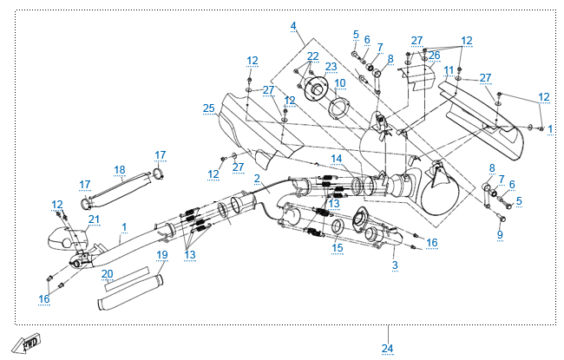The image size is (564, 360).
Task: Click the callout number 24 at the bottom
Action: point(387,348)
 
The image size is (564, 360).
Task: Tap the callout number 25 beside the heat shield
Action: point(208,108)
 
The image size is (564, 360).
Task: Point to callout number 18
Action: point(120,169)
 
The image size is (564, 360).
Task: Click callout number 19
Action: point(161,255)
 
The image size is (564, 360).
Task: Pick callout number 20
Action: point(107,273)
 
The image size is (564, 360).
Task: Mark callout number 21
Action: point(94,219)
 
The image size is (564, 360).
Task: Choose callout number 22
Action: point(312,56)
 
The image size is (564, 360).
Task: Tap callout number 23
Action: point(331,66)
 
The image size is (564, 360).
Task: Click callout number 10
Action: point(340,82)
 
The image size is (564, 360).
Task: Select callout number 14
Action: point(336,158)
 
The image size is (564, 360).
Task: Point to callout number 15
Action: point(338,247)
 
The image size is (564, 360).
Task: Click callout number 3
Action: point(395,264)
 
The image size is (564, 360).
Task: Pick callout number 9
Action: point(500,234)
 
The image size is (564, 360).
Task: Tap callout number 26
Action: point(434,56)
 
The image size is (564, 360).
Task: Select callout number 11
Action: point(449,69)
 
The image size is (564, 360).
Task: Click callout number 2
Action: point(258,178)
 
